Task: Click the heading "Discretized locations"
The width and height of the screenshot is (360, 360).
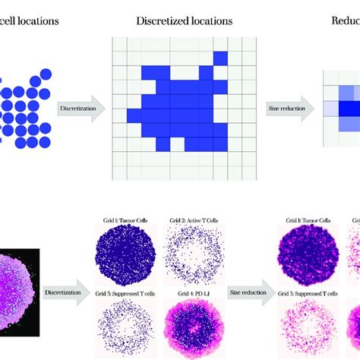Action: (185, 21)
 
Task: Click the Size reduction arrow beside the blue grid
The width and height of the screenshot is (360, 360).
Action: (291, 109)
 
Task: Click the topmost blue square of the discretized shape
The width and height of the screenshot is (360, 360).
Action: (220, 58)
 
